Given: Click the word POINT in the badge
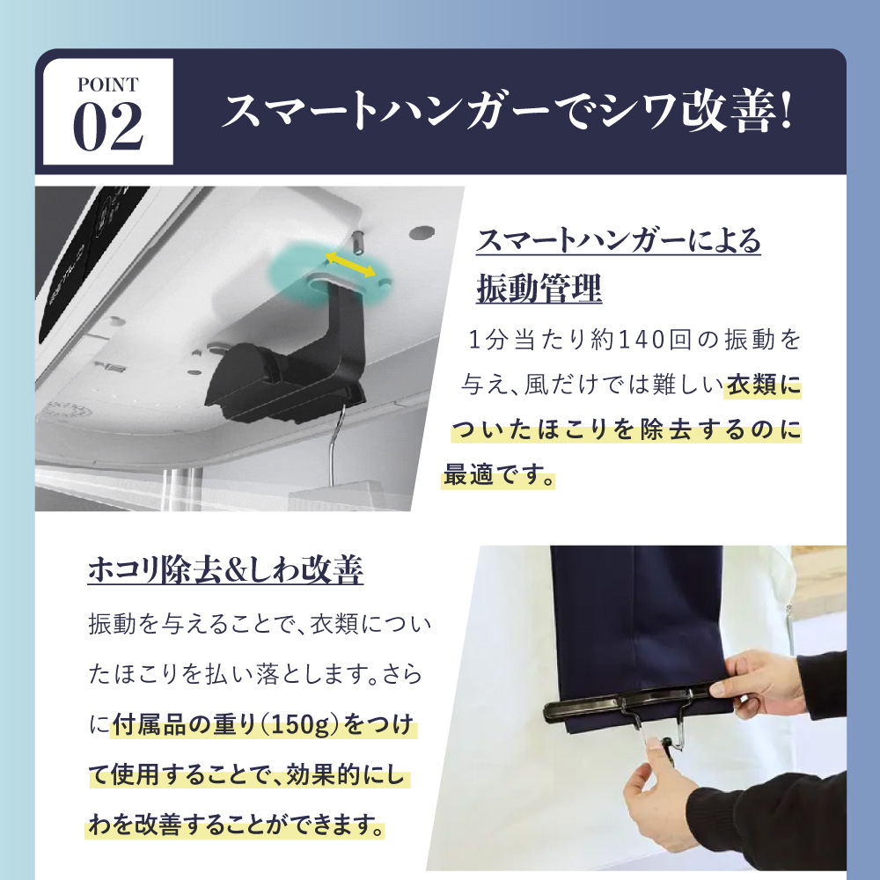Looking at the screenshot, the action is pyautogui.click(x=107, y=84).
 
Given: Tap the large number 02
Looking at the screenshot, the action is pyautogui.click(x=108, y=126).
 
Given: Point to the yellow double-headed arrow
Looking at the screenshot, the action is pyautogui.click(x=351, y=264).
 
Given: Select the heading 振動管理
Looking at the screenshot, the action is pyautogui.click(x=539, y=289).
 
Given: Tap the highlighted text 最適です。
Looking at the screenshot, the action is pyautogui.click(x=498, y=475).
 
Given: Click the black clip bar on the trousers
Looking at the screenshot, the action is pyautogui.click(x=634, y=701).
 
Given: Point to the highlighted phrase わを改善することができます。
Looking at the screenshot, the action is pyautogui.click(x=236, y=825).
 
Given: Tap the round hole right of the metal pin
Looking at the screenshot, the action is pyautogui.click(x=422, y=231).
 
